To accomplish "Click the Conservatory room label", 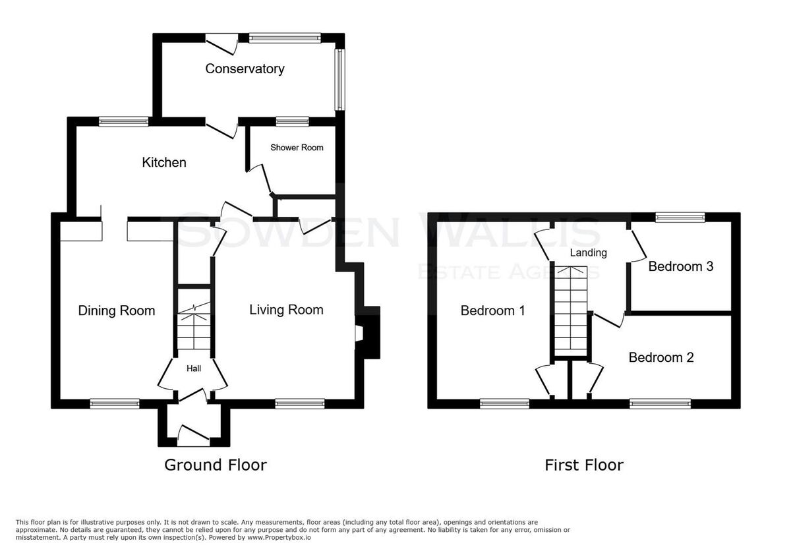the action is [x=245, y=69].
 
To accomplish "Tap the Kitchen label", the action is [x=164, y=162].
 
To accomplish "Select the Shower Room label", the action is [x=297, y=148].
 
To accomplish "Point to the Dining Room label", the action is [x=117, y=310].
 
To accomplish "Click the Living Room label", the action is [x=286, y=310].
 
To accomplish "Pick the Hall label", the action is [x=194, y=368].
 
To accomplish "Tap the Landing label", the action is [x=588, y=253].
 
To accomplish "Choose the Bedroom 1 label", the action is [x=492, y=310].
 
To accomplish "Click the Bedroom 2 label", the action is [x=661, y=357].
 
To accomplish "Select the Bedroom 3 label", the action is [x=681, y=266].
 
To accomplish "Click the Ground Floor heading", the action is [x=216, y=465].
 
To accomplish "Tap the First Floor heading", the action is [x=584, y=465].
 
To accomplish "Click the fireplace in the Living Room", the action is [x=367, y=333].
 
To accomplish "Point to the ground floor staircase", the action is [x=194, y=320].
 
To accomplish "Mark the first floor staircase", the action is [x=571, y=311].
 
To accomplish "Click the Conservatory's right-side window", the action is [x=339, y=80].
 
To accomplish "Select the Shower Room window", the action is [x=293, y=122].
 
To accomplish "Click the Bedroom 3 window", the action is [x=680, y=217].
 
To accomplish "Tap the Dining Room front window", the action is [x=115, y=403].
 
